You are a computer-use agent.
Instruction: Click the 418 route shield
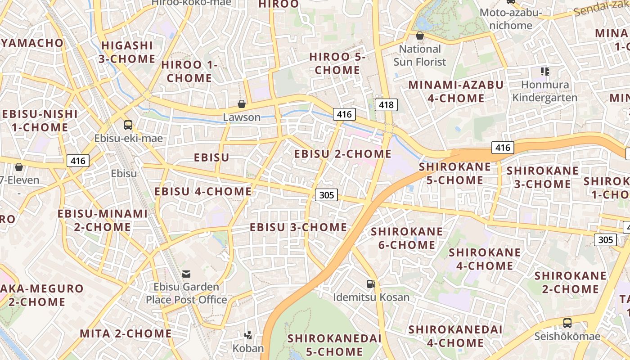386,105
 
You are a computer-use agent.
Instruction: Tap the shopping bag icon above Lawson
242,104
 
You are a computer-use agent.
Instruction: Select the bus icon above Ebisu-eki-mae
128,125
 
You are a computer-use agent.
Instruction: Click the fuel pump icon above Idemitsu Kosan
371,283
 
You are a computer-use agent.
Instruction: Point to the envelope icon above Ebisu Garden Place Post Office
186,274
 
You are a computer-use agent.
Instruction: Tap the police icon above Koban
248,334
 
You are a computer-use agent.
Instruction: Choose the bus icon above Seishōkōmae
567,323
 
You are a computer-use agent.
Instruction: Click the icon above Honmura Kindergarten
545,71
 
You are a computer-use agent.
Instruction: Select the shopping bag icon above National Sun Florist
420,36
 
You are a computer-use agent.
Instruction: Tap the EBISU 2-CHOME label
343,154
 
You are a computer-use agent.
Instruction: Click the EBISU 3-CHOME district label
298,227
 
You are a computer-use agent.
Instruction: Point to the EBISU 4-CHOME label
203,191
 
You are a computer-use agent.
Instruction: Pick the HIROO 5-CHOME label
337,63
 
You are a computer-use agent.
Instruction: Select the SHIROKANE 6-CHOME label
406,238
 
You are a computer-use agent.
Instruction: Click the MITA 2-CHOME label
126,333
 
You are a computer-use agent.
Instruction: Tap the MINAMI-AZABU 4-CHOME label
456,91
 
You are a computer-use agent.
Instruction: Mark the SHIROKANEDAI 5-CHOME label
334,345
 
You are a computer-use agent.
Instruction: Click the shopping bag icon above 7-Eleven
19,167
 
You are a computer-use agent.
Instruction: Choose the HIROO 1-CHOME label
189,72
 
